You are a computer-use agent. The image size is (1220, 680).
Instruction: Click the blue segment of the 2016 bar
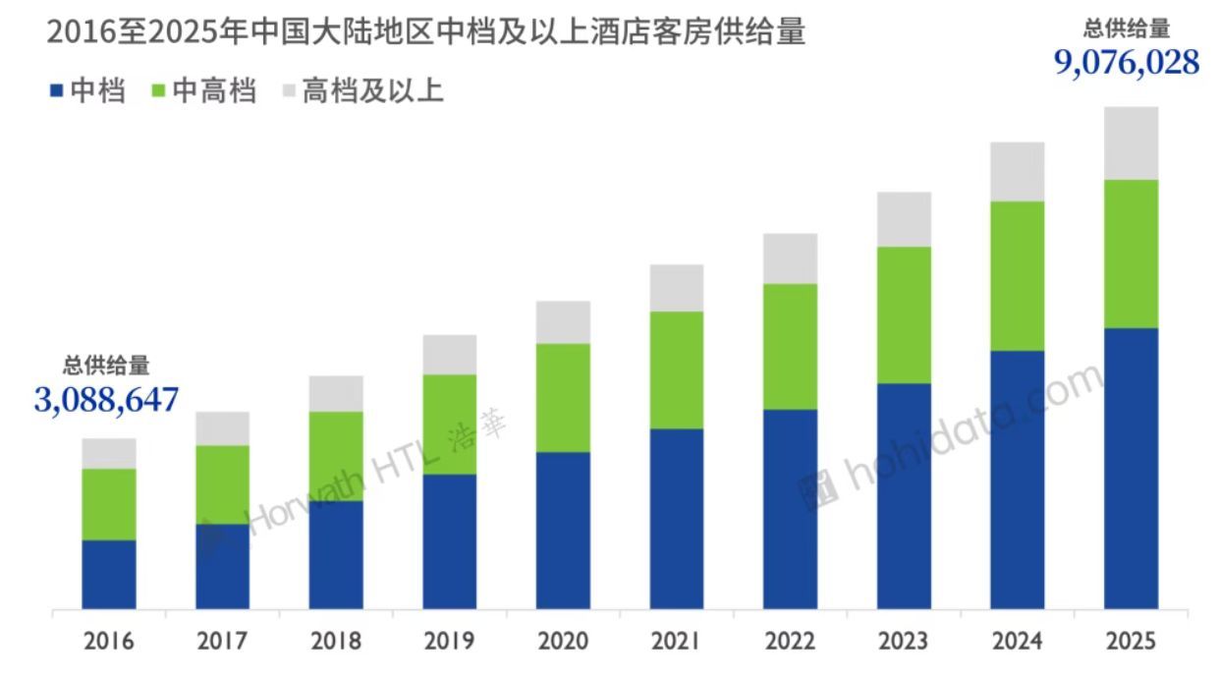[109, 574]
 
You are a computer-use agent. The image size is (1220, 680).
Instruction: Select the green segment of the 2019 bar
[450, 425]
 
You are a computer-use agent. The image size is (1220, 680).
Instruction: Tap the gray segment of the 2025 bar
[1131, 143]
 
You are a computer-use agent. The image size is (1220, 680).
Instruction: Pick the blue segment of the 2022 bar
[791, 508]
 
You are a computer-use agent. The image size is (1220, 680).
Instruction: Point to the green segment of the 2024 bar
[1018, 276]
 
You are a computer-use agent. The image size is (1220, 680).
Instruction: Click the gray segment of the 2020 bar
[564, 322]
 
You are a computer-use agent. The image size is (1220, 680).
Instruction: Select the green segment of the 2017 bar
[223, 484]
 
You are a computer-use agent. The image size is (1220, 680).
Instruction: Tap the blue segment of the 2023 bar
[904, 495]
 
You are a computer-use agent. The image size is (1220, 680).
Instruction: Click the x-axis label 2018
[336, 642]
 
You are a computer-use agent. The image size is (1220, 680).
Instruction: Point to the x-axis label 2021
[677, 642]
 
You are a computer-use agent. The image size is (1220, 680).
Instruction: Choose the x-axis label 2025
[1131, 642]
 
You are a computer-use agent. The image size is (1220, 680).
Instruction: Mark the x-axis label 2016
[109, 642]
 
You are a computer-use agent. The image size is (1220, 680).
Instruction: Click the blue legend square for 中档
[56, 92]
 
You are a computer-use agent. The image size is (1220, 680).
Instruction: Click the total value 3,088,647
[107, 400]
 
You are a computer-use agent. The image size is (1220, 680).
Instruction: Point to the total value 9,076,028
[1127, 63]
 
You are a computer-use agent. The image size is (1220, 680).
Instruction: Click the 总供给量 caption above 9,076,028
[1127, 29]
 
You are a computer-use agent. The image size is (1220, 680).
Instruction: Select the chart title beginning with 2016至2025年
[425, 32]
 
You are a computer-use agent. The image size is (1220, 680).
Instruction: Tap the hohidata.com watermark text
[972, 439]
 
